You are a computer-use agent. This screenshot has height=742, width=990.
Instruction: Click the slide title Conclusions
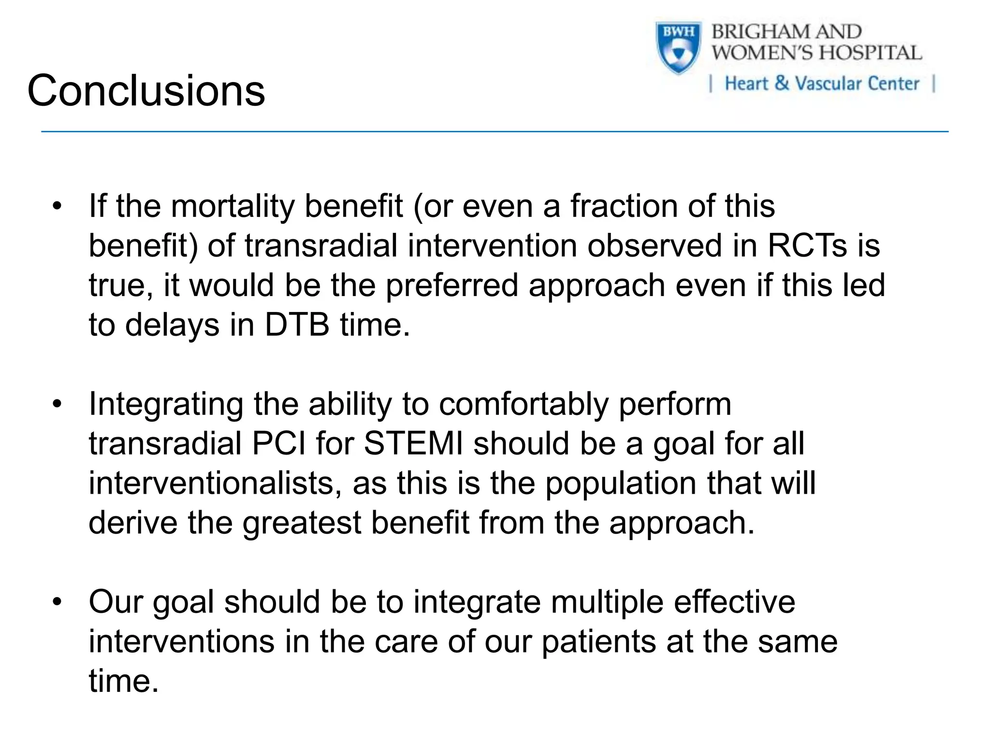pyautogui.click(x=146, y=91)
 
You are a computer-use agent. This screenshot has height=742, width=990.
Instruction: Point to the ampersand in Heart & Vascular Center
pyautogui.click(x=781, y=83)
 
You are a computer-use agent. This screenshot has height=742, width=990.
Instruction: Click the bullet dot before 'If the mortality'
pyautogui.click(x=58, y=206)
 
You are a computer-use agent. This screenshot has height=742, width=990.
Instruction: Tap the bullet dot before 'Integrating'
pyautogui.click(x=58, y=404)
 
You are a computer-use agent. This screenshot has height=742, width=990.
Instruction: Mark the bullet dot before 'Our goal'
pyautogui.click(x=58, y=602)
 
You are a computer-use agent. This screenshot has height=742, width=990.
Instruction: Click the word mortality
pyautogui.click(x=232, y=207)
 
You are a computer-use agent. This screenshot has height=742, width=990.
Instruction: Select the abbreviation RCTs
pyautogui.click(x=807, y=246)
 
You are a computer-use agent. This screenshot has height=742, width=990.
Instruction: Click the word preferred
pyautogui.click(x=451, y=285)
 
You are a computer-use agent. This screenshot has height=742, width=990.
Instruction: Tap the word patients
pyautogui.click(x=599, y=642)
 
